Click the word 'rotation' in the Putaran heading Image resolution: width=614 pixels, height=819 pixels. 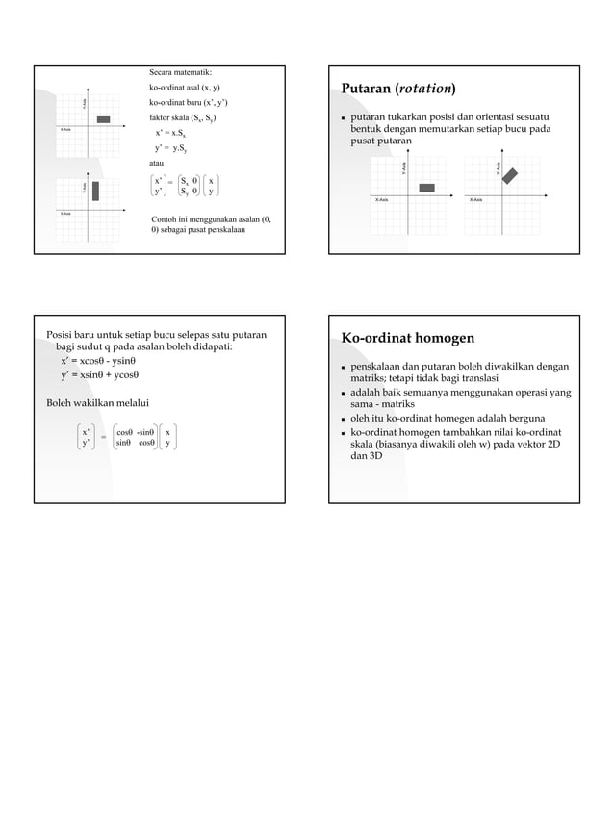point(424,90)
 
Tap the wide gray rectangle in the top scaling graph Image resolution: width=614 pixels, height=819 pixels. point(103,119)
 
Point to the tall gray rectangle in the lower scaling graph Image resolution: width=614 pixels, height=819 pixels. point(95,190)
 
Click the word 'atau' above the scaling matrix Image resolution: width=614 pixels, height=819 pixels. point(158,165)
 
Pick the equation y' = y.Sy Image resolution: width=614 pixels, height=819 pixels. point(169,148)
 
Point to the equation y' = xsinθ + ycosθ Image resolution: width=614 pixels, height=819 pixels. point(100,375)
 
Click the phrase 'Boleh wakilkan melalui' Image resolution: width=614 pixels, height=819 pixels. point(97,402)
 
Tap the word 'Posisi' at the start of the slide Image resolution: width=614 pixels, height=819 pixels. point(61,335)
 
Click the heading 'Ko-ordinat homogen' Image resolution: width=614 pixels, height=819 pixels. point(407,337)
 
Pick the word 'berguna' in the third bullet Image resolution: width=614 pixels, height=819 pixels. point(523,418)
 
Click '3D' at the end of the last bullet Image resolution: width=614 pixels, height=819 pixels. point(374,455)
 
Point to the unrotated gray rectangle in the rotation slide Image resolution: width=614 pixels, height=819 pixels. point(426,188)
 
